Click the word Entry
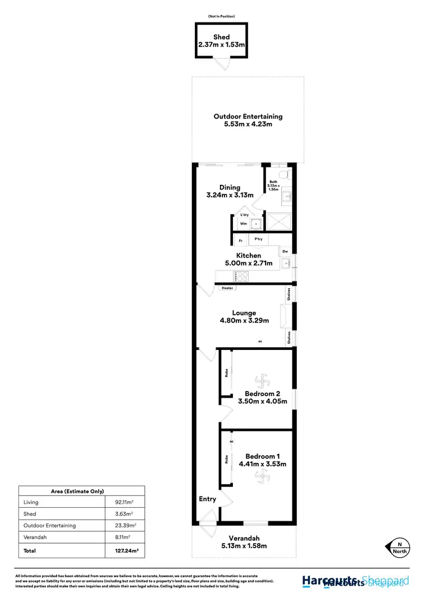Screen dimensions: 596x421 click(207, 499)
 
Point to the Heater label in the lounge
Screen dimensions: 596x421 click(227, 288)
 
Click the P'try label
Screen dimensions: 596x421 click(259, 240)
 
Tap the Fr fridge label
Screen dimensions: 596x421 click(241, 240)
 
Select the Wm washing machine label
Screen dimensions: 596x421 click(244, 224)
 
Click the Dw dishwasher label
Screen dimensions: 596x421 click(285, 251)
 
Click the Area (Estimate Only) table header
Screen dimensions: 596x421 click(81, 491)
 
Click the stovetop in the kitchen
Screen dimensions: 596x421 click(242, 276)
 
